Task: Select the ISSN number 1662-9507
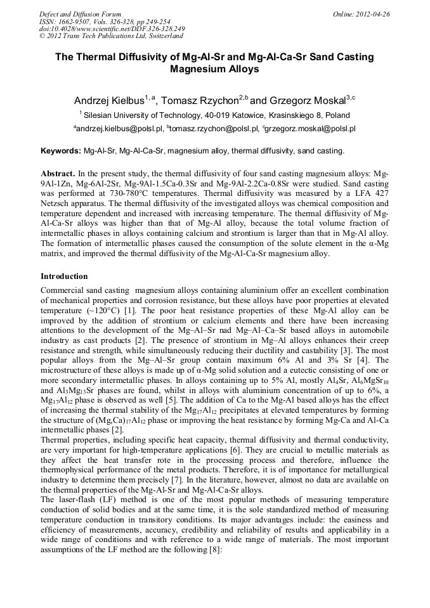point(75,22)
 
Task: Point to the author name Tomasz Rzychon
point(199,100)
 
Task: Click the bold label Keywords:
point(61,151)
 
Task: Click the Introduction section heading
point(64,276)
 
